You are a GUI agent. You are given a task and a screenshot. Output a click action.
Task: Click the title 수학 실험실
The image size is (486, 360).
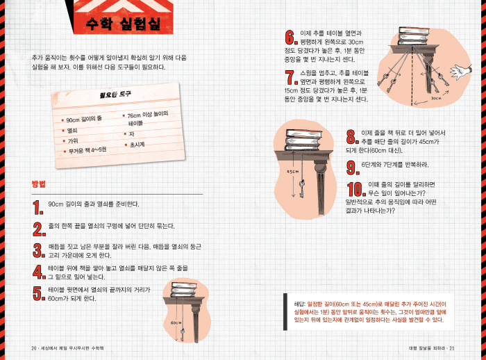coord(124,24)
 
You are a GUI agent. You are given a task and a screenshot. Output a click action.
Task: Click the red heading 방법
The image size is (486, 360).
coord(38,183)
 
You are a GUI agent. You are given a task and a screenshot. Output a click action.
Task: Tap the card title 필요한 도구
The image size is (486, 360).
coord(115,94)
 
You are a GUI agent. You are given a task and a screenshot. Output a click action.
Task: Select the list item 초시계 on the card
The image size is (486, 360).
coord(137,145)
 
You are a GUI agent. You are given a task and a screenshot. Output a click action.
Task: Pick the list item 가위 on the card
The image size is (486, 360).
coord(73,141)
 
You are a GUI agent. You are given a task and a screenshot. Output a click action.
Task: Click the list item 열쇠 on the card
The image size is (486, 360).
coord(72,131)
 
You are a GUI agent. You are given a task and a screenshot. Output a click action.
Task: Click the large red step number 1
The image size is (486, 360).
coord(38,207)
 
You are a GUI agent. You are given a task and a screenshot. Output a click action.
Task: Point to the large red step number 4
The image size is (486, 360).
coord(39,272)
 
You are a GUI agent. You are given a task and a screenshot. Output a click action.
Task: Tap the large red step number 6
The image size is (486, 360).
coord(291,38)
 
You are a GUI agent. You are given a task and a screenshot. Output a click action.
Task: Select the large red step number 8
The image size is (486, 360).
coord(353,137)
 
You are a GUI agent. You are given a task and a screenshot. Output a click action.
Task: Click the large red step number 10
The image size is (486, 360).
coord(356,189)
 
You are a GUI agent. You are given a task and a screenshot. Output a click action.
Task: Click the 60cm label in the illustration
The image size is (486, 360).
coord(176,322)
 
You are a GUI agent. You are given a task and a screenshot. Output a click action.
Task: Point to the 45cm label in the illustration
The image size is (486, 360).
coord(292,172)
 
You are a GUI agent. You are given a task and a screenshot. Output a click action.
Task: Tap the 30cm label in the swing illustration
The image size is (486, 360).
coord(436,99)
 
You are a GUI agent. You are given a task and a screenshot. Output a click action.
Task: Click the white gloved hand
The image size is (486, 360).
coord(461,72)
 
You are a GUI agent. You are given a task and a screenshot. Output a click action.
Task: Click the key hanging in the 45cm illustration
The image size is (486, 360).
coord(301,188)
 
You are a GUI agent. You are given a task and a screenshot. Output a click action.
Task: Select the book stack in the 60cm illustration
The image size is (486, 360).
coord(185,290)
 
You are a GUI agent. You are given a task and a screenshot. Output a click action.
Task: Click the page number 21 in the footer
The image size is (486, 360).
coord(452,348)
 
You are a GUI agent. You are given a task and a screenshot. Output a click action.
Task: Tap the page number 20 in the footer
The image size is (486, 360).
coord(34,348)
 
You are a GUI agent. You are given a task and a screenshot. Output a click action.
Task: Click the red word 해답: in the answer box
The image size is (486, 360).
coord(300,304)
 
